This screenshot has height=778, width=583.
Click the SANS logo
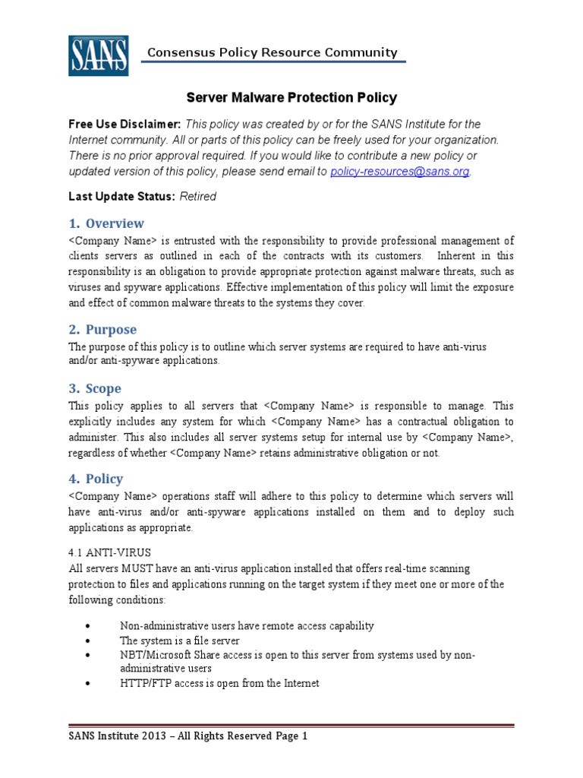[98, 55]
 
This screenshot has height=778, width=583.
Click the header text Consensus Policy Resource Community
[272, 52]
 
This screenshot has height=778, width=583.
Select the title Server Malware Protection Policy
[291, 98]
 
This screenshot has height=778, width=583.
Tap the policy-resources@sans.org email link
[400, 172]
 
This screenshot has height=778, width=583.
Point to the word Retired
[197, 196]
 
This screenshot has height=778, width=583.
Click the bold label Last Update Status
[122, 196]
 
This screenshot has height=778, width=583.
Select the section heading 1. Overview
[106, 223]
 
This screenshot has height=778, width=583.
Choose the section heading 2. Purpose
[102, 330]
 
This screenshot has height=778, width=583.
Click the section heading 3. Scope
[95, 388]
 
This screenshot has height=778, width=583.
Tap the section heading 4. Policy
[96, 479]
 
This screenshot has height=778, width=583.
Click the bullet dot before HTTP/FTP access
[90, 683]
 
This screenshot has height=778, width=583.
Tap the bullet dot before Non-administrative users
[90, 625]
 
